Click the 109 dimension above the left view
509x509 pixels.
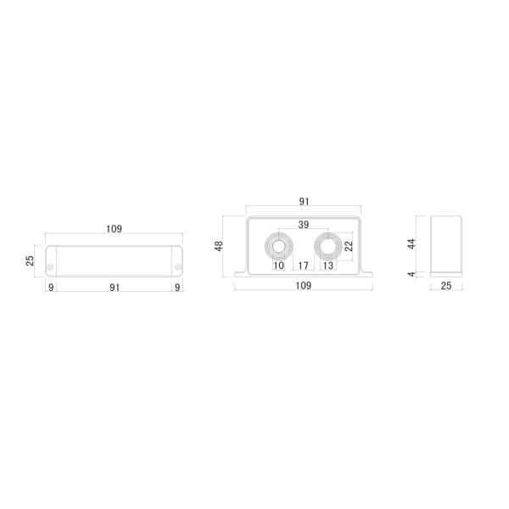(114, 229)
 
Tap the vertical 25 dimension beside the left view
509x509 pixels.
(30, 260)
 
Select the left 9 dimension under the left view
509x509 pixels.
(51, 288)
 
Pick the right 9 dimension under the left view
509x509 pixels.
(177, 288)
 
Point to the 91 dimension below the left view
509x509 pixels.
(115, 288)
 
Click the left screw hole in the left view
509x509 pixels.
(50, 267)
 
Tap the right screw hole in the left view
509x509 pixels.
(177, 267)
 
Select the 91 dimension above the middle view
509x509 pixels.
(305, 202)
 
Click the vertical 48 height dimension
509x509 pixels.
(219, 246)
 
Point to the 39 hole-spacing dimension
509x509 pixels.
(304, 225)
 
